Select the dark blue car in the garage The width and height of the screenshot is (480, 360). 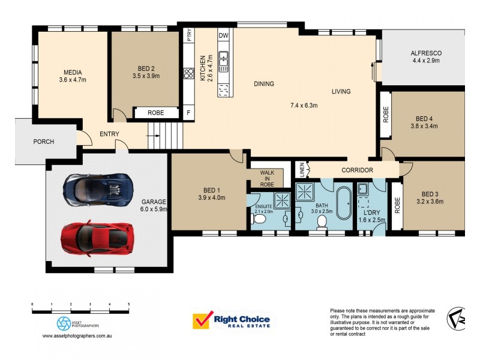[98, 190]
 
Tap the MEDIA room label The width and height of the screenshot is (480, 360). [73, 73]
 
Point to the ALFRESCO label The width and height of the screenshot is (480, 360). [426, 53]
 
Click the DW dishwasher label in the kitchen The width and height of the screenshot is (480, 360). [223, 35]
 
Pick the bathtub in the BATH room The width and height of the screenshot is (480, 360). [344, 203]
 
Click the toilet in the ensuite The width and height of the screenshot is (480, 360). [258, 219]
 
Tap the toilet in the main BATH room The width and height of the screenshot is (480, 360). [322, 222]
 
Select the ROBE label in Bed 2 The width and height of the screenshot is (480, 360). [156, 113]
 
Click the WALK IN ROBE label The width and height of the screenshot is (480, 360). [267, 178]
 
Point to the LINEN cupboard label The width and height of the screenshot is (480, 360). [302, 170]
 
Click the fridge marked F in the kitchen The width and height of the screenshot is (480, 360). [188, 113]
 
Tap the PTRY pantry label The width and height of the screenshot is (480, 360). [189, 35]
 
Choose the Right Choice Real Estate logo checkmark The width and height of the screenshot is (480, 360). [203, 320]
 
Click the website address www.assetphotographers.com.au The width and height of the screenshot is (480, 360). [77, 336]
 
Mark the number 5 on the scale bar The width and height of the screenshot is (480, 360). [129, 304]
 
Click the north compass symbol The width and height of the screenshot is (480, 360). [456, 319]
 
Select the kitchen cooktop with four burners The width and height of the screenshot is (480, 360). [188, 73]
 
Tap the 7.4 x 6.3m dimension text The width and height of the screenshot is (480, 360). [304, 106]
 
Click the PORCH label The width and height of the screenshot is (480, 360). [44, 142]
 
